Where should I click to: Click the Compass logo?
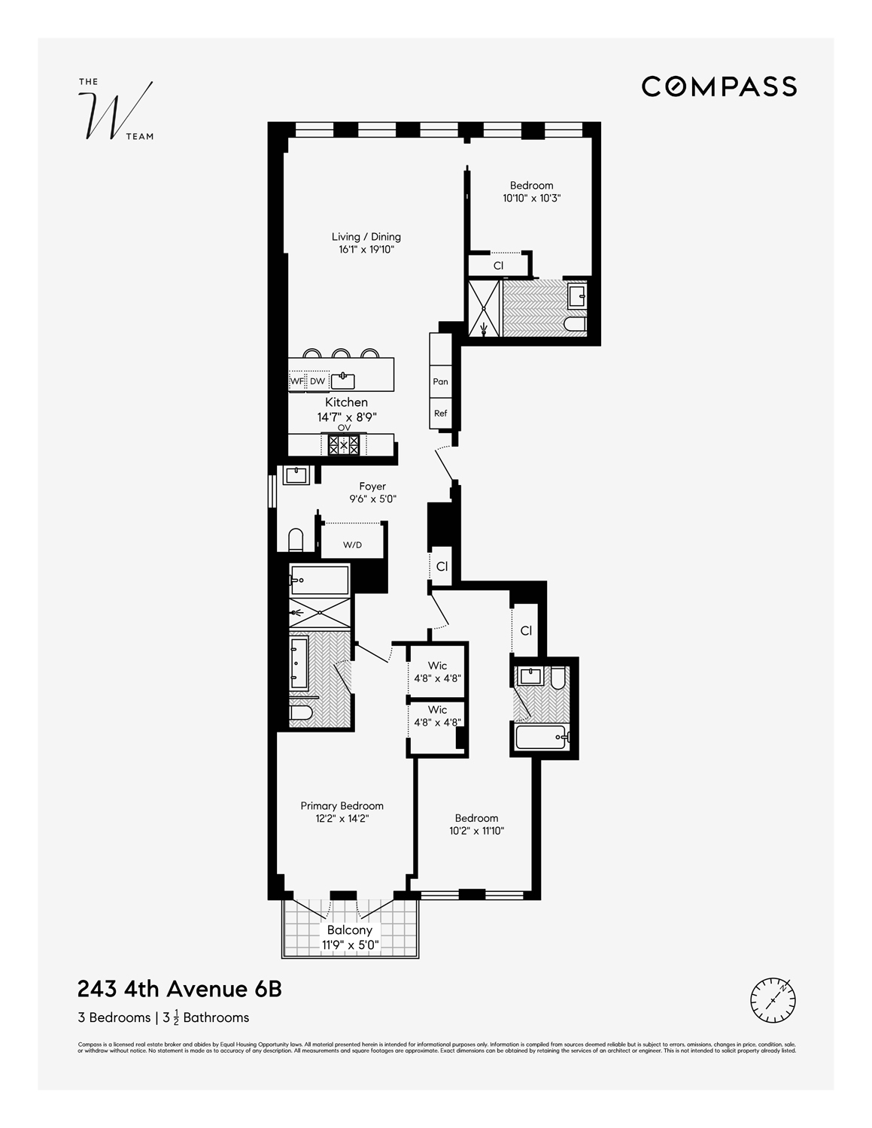pos(719,86)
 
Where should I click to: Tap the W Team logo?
pos(116,111)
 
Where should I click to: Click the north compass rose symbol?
pos(773,999)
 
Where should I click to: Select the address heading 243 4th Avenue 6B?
pos(180,988)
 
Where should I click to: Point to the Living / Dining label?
pos(366,237)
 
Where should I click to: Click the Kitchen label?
pos(346,402)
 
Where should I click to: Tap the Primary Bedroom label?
pos(342,805)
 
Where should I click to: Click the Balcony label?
pos(350,930)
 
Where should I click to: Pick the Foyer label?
pos(372,487)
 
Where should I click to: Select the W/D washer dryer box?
pos(352,544)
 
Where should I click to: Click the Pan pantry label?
pos(440,381)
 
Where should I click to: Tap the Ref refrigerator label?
pos(440,413)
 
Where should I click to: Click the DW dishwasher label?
pos(318,381)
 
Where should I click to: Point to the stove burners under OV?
pos(344,444)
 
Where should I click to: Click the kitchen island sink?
pos(343,380)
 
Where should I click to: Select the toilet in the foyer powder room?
pos(296,540)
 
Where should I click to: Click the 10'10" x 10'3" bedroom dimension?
pos(532,199)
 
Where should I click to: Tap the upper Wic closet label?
pos(437,666)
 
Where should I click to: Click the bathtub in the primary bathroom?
pos(320,580)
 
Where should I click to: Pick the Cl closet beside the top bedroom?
pos(498,265)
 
